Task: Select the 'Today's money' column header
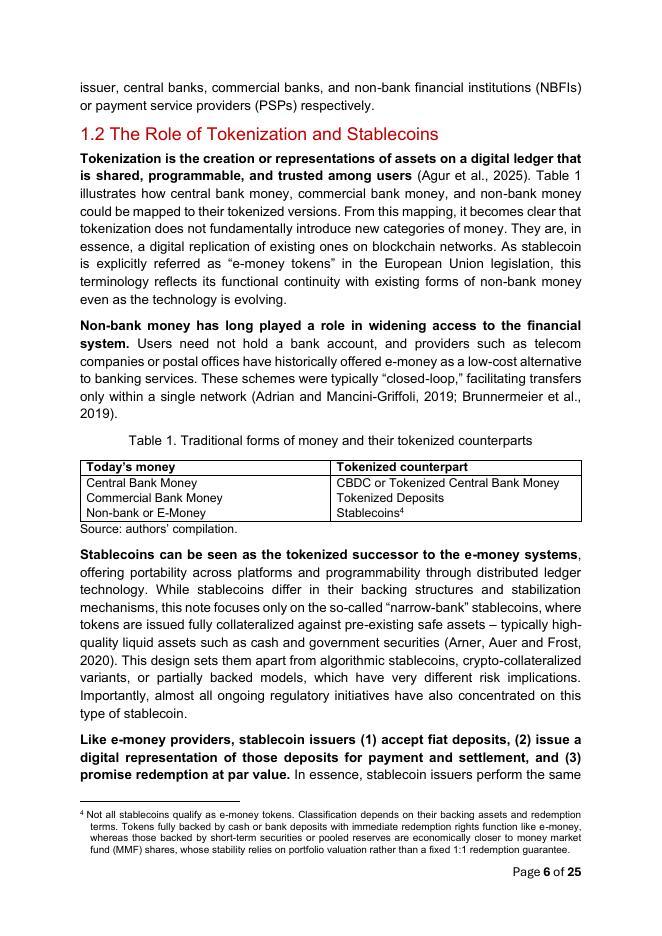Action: pos(131,467)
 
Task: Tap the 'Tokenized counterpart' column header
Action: pos(401,467)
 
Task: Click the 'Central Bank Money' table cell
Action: pos(142,483)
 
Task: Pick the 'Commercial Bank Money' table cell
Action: pos(155,498)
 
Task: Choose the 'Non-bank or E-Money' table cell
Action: pos(146,513)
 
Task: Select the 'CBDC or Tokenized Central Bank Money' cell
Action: pos(448,483)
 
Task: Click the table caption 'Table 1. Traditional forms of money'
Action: pos(330,440)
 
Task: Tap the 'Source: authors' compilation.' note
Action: pos(158,528)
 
